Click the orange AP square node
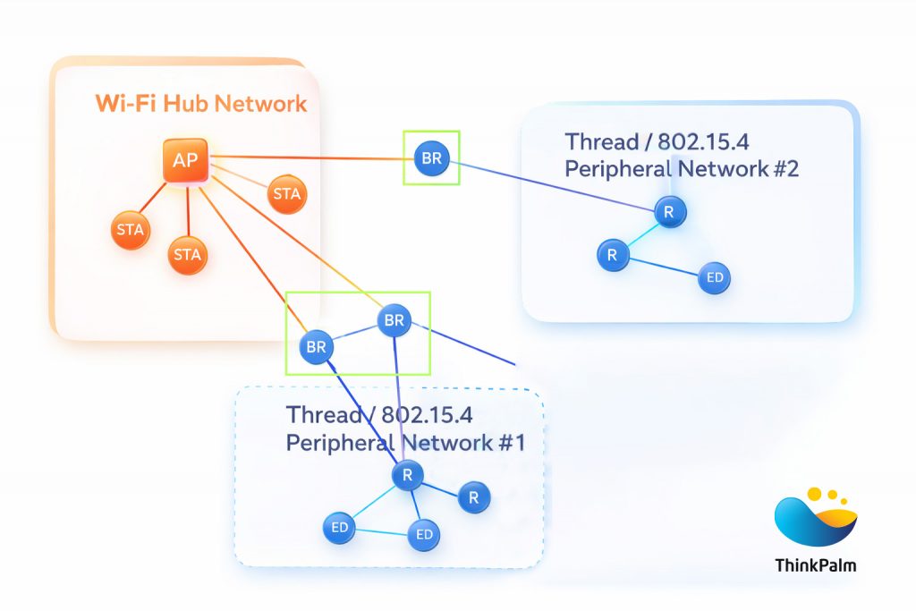click(x=185, y=161)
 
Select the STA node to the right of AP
click(x=287, y=194)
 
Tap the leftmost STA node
click(x=130, y=230)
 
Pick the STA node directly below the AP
click(x=187, y=255)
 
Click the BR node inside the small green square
click(x=431, y=158)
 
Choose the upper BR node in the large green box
click(x=394, y=319)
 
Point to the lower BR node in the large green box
click(x=316, y=347)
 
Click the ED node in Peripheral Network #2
click(x=714, y=277)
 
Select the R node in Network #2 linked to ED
click(x=613, y=255)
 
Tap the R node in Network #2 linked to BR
click(x=668, y=211)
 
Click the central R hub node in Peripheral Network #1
click(x=407, y=475)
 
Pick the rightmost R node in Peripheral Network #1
click(x=474, y=497)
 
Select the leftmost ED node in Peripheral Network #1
click(x=339, y=528)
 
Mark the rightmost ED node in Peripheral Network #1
click(x=424, y=535)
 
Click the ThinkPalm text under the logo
click(x=815, y=564)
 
